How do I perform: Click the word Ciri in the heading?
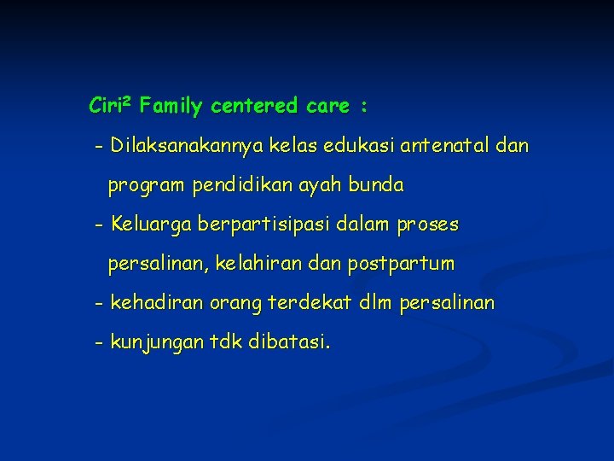coord(105,107)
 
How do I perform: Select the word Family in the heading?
coord(171,107)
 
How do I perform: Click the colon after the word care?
coord(364,108)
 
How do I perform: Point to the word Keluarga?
coord(150,225)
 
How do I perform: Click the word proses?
coord(428,225)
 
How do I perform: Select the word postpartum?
coord(401,265)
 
